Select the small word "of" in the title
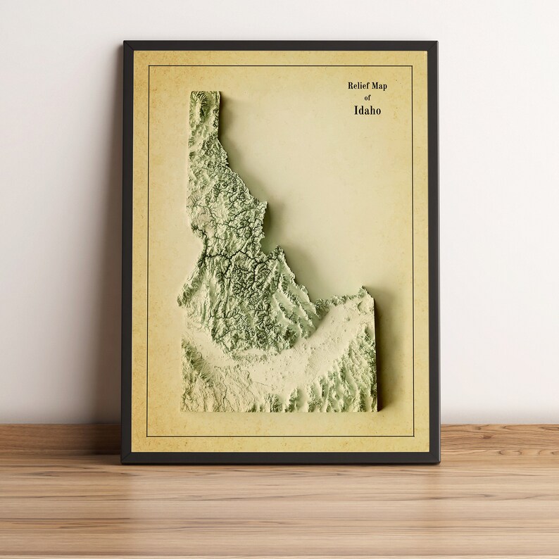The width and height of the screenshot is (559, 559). coord(368,98)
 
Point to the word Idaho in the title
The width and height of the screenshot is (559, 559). coord(368,111)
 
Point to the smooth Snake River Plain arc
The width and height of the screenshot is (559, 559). coord(282,359)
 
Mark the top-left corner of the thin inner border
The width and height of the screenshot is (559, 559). coord(148,65)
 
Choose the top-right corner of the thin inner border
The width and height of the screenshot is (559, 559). coord(412,65)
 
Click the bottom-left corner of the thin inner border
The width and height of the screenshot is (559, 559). coord(148,436)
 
